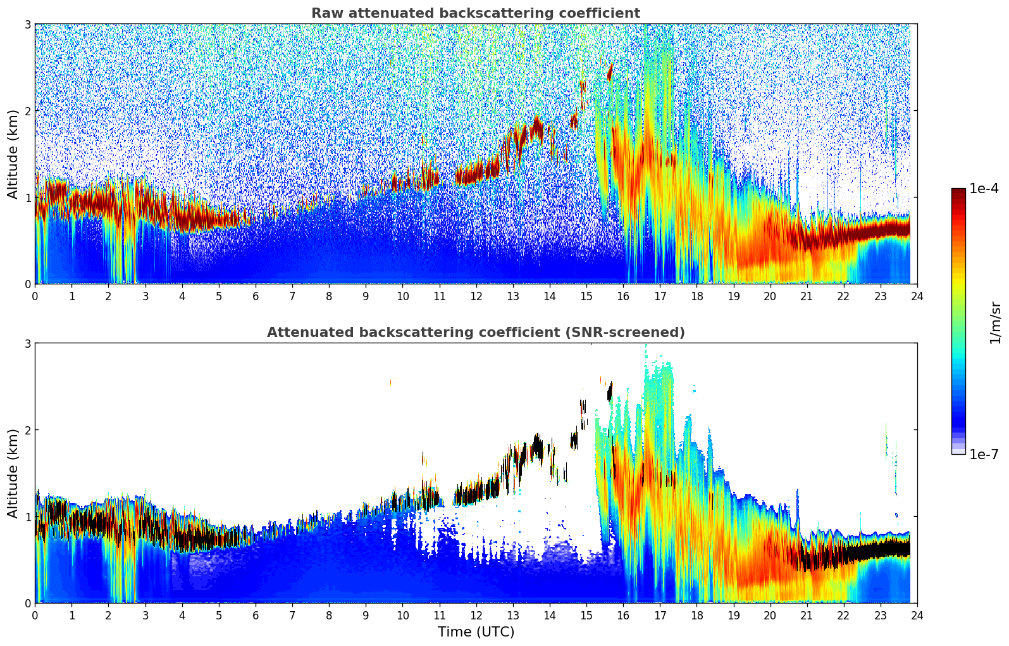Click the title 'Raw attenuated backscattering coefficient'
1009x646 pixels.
click(x=475, y=13)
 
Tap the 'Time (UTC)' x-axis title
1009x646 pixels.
click(x=476, y=632)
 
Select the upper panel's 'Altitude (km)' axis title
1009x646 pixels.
click(x=13, y=154)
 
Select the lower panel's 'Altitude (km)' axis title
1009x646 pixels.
click(x=13, y=473)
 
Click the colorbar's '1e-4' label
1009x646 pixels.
click(x=984, y=189)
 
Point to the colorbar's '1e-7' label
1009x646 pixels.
click(x=984, y=454)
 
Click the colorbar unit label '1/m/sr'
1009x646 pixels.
click(x=995, y=322)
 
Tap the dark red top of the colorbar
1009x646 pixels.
click(x=958, y=192)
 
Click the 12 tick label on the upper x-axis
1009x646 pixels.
click(x=476, y=296)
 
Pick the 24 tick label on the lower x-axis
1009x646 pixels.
click(x=917, y=615)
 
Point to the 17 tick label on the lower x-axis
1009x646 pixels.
click(x=660, y=615)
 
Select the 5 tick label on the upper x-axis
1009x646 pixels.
click(x=219, y=296)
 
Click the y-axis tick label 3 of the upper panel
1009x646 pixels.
click(x=28, y=24)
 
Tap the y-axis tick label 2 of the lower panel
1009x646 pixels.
click(x=28, y=430)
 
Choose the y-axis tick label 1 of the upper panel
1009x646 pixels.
click(x=28, y=198)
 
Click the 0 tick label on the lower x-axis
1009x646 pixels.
click(x=35, y=615)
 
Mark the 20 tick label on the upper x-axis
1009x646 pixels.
click(x=770, y=296)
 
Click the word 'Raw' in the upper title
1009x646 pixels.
click(x=325, y=13)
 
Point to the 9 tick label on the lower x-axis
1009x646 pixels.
click(x=366, y=615)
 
